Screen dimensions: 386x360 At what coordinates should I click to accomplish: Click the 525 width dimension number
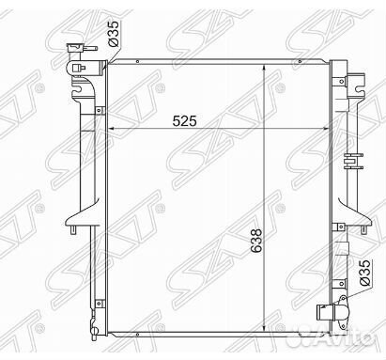[185, 120]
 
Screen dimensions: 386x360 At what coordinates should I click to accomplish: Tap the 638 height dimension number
[256, 241]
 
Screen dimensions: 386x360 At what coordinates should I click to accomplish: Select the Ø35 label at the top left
[114, 34]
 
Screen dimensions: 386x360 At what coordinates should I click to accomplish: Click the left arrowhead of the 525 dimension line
[111, 128]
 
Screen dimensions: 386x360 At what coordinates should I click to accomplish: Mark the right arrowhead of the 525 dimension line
[326, 128]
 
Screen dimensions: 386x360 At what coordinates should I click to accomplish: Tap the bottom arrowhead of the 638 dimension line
[265, 331]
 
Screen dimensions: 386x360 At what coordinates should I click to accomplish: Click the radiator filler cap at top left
[74, 48]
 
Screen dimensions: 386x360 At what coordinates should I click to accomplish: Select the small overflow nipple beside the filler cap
[91, 49]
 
